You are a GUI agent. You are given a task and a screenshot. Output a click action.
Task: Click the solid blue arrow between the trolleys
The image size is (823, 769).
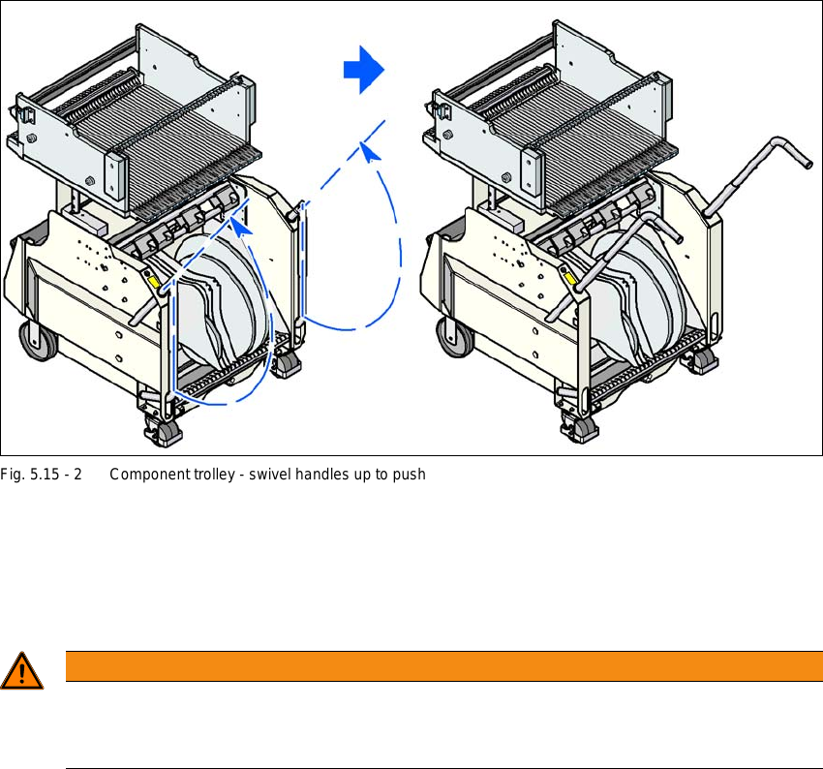(365, 70)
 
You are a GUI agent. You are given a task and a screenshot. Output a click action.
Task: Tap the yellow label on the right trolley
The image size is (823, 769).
(572, 279)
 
